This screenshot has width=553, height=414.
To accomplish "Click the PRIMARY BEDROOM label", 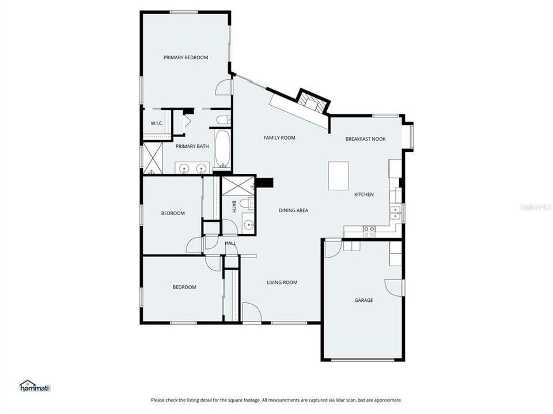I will [x=185, y=57].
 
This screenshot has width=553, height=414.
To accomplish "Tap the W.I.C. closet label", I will [x=157, y=124].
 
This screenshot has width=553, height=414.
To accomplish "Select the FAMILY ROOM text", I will [x=279, y=138].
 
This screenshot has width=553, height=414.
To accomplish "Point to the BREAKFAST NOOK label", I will [x=365, y=139].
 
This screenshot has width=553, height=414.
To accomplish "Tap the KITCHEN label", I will [x=363, y=195].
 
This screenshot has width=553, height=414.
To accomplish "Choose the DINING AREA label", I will [x=293, y=210].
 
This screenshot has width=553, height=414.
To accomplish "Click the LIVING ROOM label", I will [x=282, y=282].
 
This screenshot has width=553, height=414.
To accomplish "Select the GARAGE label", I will [x=363, y=300].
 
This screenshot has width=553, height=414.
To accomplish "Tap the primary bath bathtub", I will [x=222, y=148].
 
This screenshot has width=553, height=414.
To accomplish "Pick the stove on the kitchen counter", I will [x=368, y=231].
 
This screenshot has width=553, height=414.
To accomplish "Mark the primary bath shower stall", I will [x=153, y=158].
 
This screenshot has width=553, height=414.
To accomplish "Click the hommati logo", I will [x=35, y=386].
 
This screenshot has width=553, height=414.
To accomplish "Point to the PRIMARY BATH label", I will [x=192, y=147].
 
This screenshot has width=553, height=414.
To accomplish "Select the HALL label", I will [x=230, y=244].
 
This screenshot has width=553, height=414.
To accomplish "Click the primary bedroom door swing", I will [x=222, y=87].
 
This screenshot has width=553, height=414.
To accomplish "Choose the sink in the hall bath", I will [x=248, y=225].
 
